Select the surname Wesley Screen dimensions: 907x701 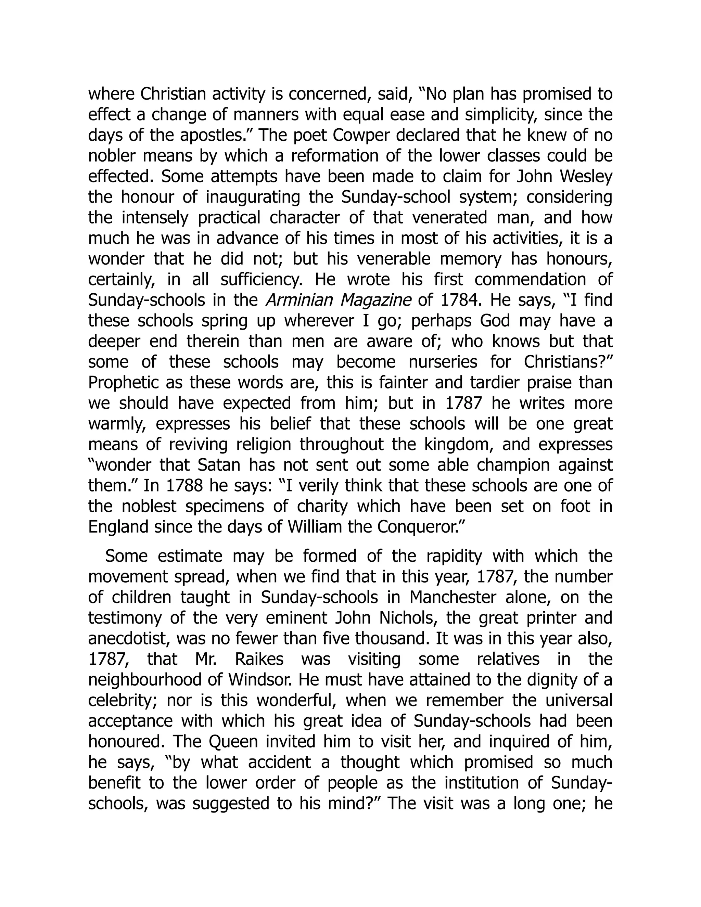point(586,177)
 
